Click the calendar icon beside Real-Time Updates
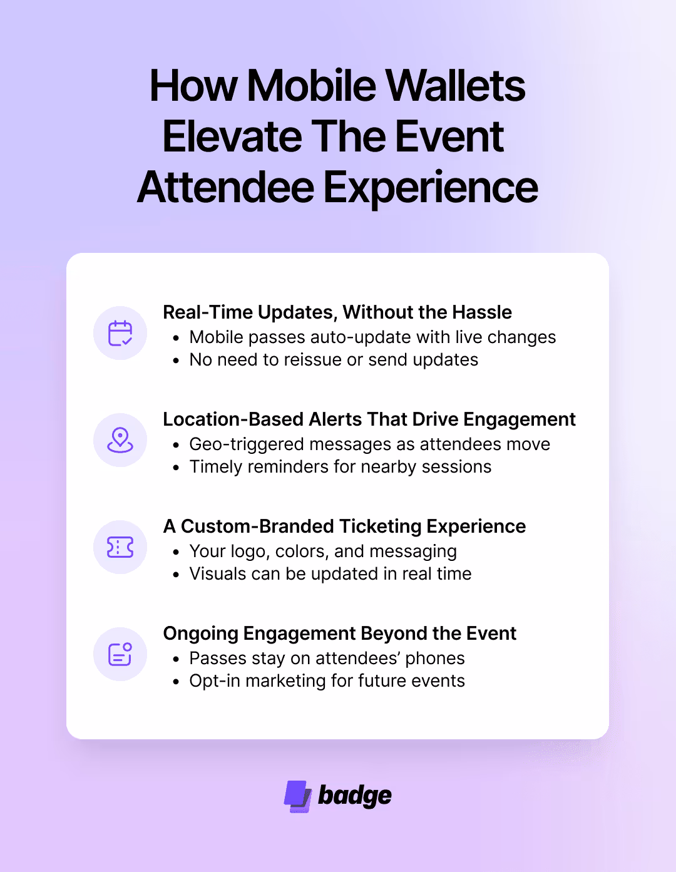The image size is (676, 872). coord(120,333)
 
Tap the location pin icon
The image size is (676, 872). coord(120,440)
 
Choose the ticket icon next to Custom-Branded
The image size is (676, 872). coord(120,547)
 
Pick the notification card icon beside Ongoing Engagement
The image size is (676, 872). coord(120,654)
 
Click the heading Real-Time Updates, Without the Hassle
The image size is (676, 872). coord(337,312)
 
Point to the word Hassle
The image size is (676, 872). coord(482,312)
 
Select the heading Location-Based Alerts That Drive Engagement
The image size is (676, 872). coord(369,419)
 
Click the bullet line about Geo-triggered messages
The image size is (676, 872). coord(369,444)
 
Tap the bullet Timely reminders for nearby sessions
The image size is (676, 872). coord(340,467)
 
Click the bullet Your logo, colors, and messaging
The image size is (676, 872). coord(323,551)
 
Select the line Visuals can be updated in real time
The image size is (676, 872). coord(330,574)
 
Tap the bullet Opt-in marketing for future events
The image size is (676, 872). coord(327,681)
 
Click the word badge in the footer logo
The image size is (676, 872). coord(354,796)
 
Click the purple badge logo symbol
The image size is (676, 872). coord(298,796)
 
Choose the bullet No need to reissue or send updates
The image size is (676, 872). coord(334,360)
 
